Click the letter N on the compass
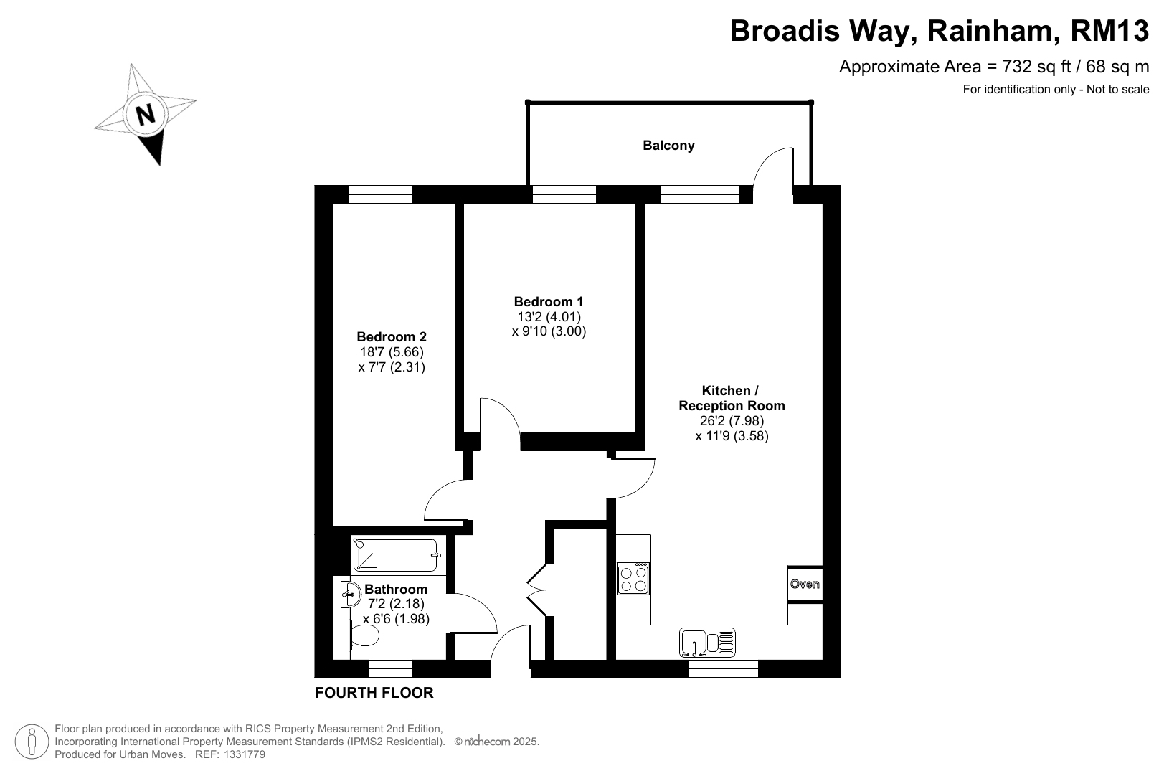pos(145,114)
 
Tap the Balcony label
pos(668,146)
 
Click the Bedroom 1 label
pos(548,301)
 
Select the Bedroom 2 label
pos(392,337)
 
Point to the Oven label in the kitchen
pos(805,585)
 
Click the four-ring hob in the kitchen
pos(633,579)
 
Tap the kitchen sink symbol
pos(707,643)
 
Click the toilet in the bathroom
pos(364,635)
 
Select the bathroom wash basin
pos(351,594)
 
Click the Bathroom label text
pos(396,590)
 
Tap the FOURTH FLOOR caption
pos(374,693)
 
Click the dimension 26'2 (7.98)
pos(732,420)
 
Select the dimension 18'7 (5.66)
pos(392,352)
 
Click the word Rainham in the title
pos(993,31)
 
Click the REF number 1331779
pos(245,754)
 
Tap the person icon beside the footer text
pos(32,742)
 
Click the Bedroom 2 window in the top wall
pos(380,194)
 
